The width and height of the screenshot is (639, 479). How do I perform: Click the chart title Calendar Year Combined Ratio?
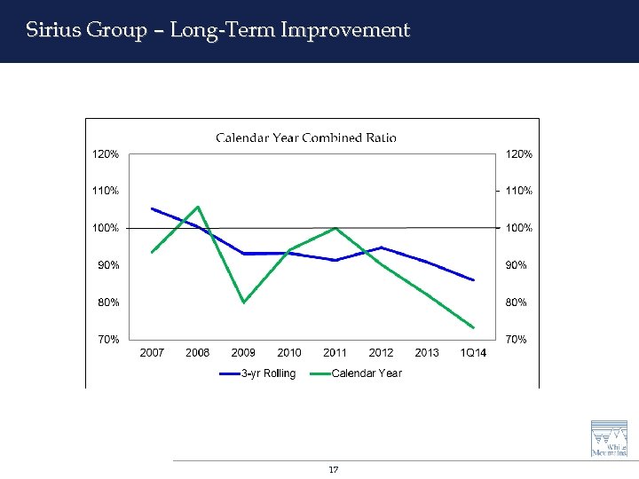tap(306, 137)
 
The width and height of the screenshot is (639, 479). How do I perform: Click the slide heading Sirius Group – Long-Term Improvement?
tap(217, 30)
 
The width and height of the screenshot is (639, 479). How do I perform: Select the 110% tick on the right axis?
tap(518, 191)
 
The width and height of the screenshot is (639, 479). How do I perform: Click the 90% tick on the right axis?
tap(516, 265)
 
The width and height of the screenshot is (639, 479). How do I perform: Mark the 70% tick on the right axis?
tap(516, 340)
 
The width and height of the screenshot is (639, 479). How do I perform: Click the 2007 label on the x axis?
tap(152, 353)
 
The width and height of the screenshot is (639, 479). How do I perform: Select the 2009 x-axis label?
tap(243, 353)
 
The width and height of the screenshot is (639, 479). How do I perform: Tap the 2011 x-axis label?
tap(335, 353)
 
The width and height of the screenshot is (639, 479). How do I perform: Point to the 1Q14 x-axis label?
tap(473, 353)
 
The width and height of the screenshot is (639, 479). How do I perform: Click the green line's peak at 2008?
tap(197, 207)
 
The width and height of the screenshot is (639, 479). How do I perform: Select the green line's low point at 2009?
tap(243, 302)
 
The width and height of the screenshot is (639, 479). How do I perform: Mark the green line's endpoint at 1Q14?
tap(474, 327)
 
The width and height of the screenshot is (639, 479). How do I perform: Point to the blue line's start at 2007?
tap(152, 208)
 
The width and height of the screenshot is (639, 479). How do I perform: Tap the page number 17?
tap(334, 469)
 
